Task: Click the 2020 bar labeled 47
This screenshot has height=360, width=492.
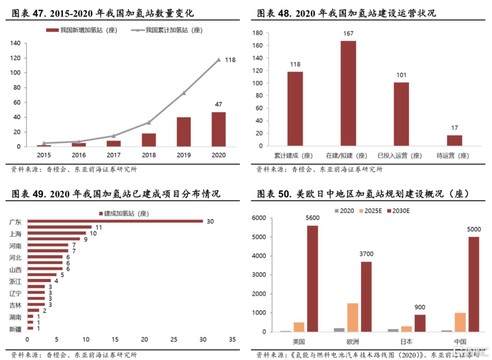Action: point(219,129)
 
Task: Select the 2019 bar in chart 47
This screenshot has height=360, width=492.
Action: point(184,132)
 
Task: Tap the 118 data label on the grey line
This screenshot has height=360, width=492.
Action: point(230,60)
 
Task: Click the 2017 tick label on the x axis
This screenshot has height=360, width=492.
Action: point(114,155)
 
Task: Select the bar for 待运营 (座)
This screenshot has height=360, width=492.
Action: point(454,140)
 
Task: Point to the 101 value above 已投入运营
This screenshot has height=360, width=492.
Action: point(401,76)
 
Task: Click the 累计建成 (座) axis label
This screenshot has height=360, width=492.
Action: point(295,156)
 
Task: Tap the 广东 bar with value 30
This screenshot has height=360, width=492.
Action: point(115,221)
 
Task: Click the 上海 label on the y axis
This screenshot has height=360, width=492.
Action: point(15,234)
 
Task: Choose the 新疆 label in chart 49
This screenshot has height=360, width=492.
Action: point(15,329)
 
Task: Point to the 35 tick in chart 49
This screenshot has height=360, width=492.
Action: point(232,340)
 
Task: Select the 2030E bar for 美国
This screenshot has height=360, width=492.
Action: point(312,278)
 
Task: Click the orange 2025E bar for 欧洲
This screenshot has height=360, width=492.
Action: point(352,317)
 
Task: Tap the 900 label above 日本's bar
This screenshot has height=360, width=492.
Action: point(420,307)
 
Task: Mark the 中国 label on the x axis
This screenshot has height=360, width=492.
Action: point(460,342)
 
